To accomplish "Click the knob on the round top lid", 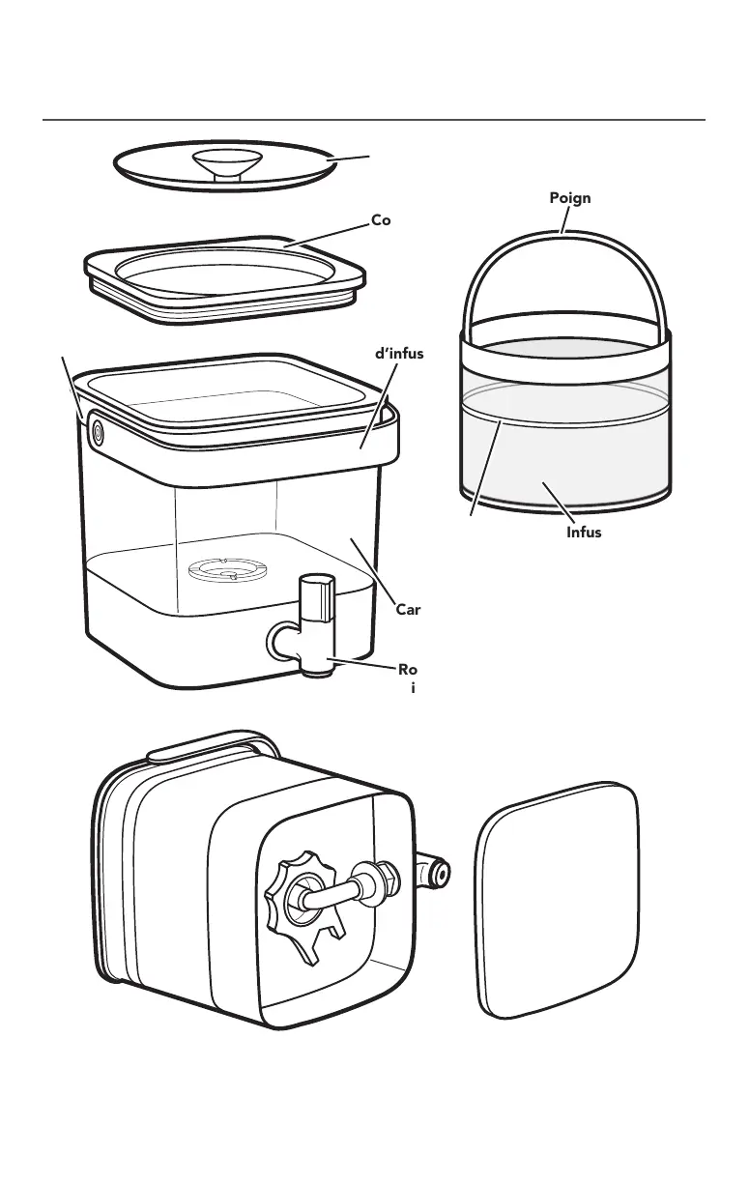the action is click(x=224, y=162).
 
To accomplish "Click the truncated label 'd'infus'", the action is click(x=398, y=353).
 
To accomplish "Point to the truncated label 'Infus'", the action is click(x=584, y=532).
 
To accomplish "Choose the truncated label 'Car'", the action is click(x=410, y=610).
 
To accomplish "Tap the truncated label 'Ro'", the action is click(x=408, y=668).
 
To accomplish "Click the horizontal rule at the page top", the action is click(x=374, y=121).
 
